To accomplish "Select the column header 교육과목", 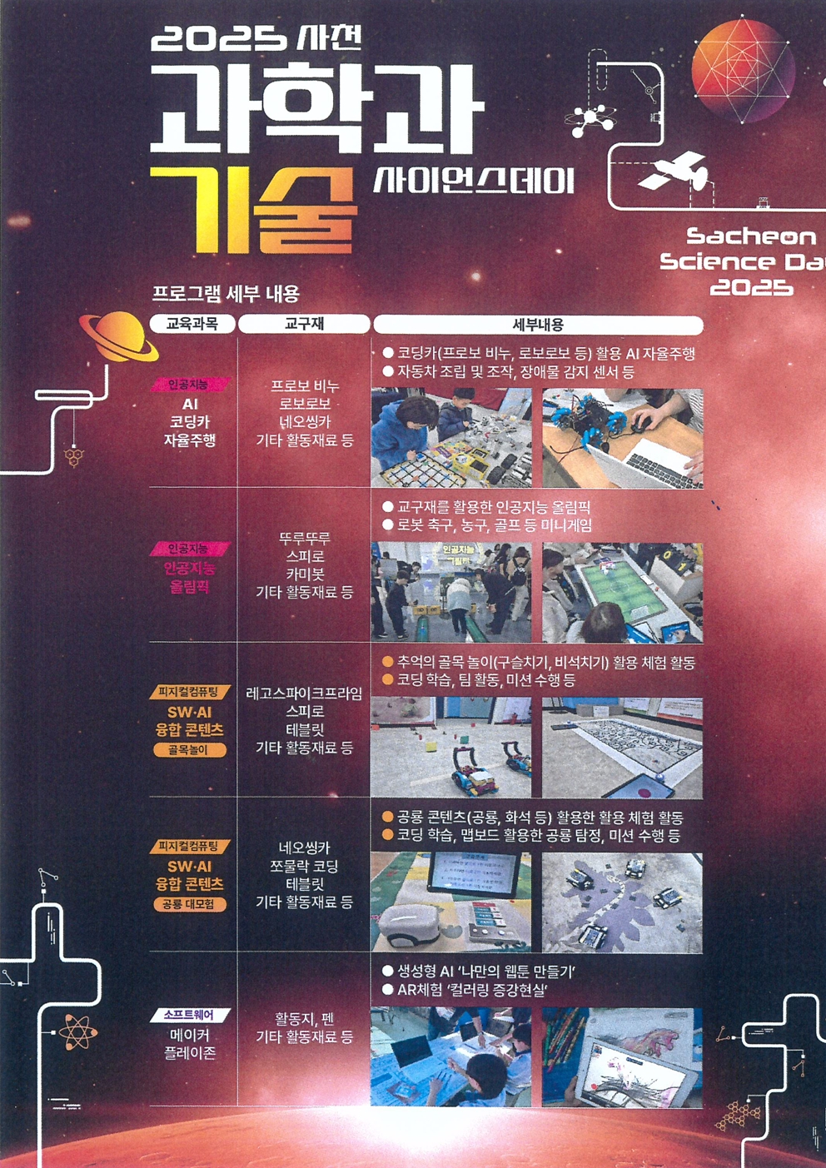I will (192, 324).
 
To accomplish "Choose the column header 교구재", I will (304, 324).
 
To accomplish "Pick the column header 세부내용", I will (537, 325).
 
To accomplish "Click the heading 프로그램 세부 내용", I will (226, 294).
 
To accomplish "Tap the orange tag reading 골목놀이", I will (190, 750).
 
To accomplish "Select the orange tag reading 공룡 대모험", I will (190, 904).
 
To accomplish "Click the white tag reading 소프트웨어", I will (189, 1015).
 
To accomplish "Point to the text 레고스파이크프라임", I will (304, 693).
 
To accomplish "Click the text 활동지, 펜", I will (304, 1019).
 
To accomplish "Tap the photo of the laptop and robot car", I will (622, 438).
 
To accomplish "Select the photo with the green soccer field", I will (622, 592).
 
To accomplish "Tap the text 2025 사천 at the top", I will (257, 38).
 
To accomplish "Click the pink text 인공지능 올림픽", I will (189, 578).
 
